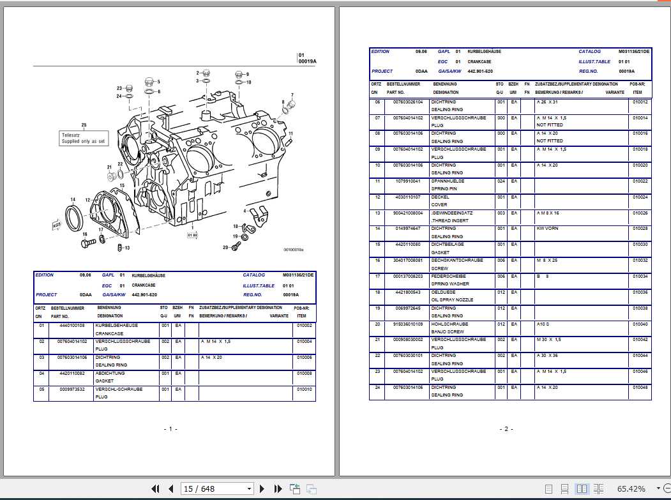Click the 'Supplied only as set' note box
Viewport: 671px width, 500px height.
coord(84,138)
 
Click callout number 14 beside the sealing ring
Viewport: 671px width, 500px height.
coord(73,199)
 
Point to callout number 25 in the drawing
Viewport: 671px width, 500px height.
coord(84,125)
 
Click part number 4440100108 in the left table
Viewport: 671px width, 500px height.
coord(72,326)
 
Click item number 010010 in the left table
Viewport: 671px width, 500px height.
coord(304,390)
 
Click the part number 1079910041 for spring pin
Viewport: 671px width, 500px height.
coord(407,181)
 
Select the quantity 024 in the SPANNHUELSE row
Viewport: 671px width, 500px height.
coord(501,181)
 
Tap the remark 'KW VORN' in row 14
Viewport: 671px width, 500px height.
coord(547,229)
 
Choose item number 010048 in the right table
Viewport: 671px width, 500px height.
coord(640,388)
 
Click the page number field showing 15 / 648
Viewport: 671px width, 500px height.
coord(217,489)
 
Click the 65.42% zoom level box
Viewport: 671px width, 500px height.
coord(631,489)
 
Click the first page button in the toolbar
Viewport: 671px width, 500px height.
coord(155,489)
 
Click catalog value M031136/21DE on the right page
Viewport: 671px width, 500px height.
coord(633,52)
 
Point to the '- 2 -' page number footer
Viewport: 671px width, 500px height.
coord(504,429)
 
